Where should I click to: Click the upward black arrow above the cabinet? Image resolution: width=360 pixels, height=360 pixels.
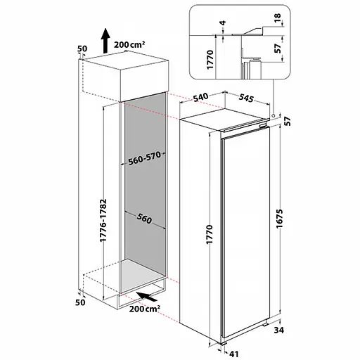[105, 41]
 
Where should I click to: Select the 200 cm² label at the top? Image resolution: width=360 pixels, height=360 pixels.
[129, 44]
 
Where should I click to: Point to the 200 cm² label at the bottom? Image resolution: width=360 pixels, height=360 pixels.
[145, 309]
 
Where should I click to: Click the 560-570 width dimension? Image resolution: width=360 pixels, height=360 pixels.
[145, 158]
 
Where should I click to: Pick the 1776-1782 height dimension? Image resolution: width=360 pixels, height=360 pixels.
[103, 220]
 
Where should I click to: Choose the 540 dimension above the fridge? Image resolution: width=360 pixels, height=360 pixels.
[201, 98]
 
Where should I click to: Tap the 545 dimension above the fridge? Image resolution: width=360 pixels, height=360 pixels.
[246, 98]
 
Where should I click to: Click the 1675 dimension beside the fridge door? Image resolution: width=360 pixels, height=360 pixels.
[280, 219]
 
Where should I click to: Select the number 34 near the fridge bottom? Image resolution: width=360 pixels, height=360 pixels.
[279, 330]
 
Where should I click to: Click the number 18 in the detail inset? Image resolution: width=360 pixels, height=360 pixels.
[277, 17]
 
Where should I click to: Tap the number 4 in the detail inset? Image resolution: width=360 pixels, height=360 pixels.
[223, 23]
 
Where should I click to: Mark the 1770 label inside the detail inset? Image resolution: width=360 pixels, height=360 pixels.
[210, 59]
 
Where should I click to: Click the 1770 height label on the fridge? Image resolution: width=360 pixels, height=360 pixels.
[209, 234]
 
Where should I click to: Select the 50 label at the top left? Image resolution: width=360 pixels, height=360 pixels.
[82, 49]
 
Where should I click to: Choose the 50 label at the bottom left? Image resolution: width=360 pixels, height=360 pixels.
[80, 302]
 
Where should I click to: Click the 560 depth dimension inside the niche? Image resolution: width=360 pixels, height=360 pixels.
[144, 219]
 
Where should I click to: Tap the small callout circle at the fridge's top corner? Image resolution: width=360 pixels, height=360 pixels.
[274, 115]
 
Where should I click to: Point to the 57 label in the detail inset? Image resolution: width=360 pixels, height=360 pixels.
[278, 49]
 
